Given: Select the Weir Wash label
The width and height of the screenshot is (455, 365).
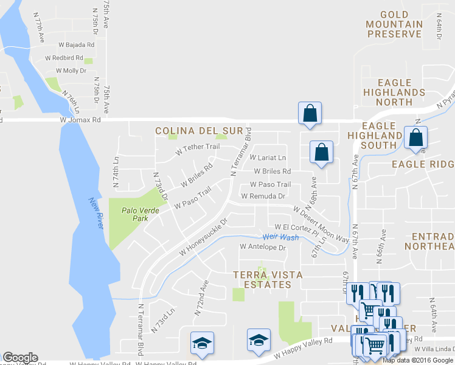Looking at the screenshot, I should point(280,237).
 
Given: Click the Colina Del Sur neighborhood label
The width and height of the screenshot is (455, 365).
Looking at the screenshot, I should point(199,131).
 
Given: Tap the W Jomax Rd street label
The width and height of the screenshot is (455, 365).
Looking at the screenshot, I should point(80,120).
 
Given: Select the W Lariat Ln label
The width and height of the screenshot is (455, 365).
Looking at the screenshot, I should point(268,158).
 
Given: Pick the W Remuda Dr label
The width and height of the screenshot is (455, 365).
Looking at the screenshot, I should point(263,196).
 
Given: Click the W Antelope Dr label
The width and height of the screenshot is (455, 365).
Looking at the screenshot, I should point(263,248).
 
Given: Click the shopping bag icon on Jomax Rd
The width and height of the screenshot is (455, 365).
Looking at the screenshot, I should point(310,113).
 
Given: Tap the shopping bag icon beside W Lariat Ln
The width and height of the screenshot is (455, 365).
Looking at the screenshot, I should point(321,152).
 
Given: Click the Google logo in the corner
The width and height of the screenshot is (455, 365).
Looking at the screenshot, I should point(20,358).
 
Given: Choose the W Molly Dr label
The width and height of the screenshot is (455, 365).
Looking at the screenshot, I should point(71,71).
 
